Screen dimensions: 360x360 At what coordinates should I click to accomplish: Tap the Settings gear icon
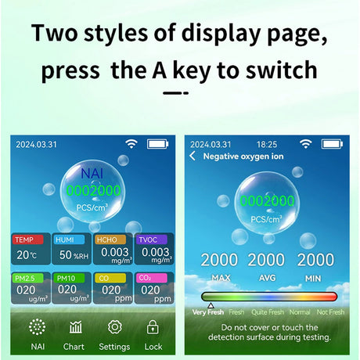tap(114, 327)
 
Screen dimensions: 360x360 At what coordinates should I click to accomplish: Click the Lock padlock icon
tap(153, 327)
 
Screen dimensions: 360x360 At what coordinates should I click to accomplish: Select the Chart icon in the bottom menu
tap(75, 327)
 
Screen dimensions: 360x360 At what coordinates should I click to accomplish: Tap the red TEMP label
tap(27, 239)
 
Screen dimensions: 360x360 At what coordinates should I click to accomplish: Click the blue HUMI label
tap(69, 239)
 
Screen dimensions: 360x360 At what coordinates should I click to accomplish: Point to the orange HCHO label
tap(110, 239)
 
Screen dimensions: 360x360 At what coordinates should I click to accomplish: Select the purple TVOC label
tap(151, 239)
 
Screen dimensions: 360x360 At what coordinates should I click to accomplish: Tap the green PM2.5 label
tap(27, 278)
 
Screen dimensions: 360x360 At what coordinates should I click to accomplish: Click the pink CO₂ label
tap(151, 278)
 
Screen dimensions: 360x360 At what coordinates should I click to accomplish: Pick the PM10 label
tap(69, 278)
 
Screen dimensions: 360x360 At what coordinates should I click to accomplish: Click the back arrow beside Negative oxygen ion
tap(193, 156)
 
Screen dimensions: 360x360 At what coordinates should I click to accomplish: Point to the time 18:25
tap(267, 144)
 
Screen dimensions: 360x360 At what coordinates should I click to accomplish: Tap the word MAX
tap(221, 278)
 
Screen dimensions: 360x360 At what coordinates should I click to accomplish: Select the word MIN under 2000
tap(313, 279)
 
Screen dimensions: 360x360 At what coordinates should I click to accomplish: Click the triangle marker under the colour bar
tap(211, 305)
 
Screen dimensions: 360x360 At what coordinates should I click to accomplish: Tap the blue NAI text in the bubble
tap(92, 173)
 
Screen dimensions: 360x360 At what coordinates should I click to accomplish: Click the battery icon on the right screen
tap(332, 144)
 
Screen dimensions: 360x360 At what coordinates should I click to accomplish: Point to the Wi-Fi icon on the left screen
tap(131, 144)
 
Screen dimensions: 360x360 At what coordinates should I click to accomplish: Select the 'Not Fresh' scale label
tap(330, 312)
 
